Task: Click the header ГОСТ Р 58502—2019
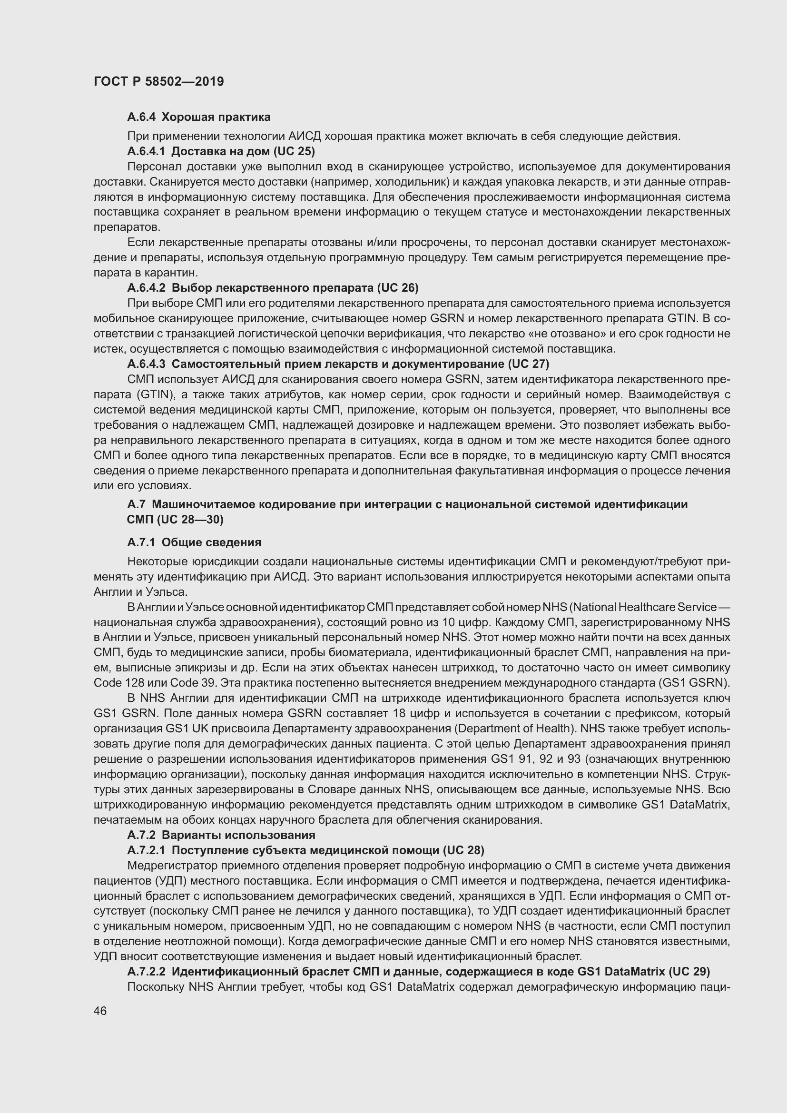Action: (158, 81)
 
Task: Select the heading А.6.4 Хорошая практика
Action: (199, 117)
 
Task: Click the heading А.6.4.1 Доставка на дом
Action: (221, 151)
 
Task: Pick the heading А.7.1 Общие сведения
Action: (194, 542)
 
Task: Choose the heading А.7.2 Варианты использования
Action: (221, 835)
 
